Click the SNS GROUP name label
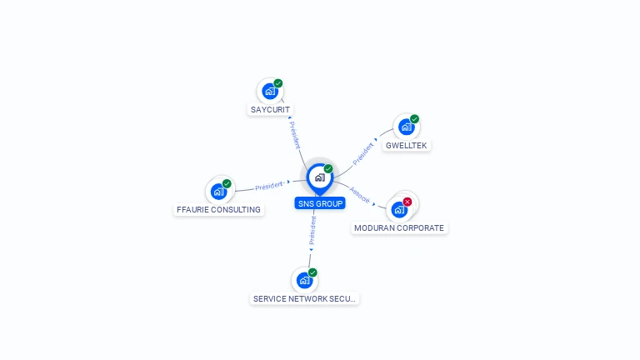(320, 203)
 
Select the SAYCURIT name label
(270, 109)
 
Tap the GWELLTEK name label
(406, 145)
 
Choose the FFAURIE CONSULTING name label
(218, 209)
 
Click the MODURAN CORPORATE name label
(399, 227)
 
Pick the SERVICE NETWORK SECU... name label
(304, 299)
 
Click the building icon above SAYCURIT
(270, 92)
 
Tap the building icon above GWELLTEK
(406, 127)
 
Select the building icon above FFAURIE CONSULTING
(219, 192)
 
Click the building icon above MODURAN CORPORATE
(399, 210)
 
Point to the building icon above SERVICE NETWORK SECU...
(304, 280)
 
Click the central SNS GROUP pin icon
(320, 179)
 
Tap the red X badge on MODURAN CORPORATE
(407, 202)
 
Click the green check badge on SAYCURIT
(278, 83)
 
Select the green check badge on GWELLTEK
(415, 119)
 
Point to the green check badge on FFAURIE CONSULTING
(227, 183)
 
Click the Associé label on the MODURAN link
(360, 195)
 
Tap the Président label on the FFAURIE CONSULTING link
(269, 186)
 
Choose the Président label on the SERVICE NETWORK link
(312, 231)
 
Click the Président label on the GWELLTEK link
(362, 154)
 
